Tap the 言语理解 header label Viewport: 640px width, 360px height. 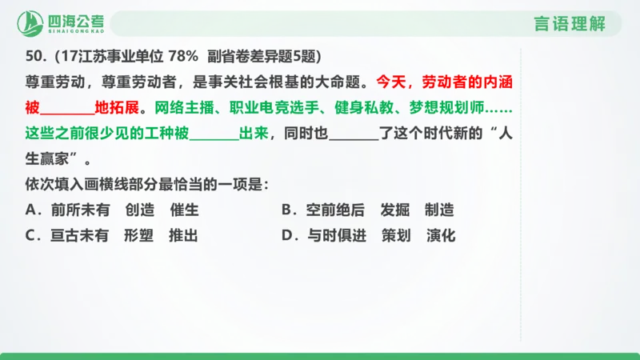tap(569, 24)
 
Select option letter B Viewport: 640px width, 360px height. tap(286, 210)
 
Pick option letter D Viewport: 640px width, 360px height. tap(286, 236)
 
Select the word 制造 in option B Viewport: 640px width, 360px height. tap(439, 210)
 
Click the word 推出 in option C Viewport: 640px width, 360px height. tap(182, 236)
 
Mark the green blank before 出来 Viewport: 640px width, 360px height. tap(214, 134)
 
